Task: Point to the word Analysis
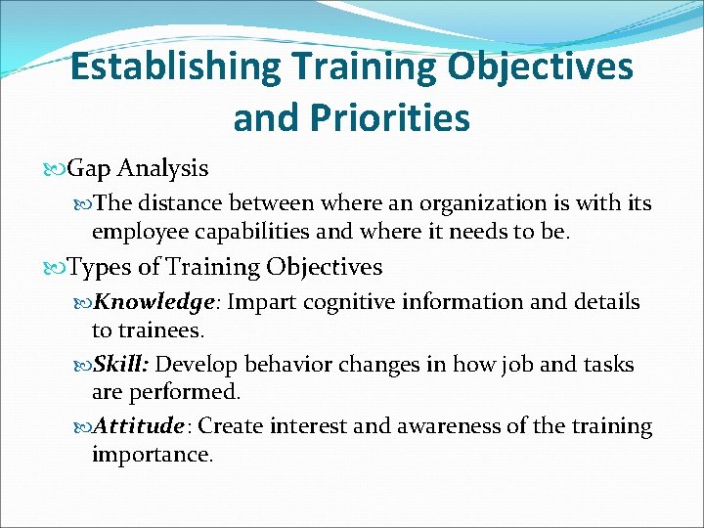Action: tap(161, 168)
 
